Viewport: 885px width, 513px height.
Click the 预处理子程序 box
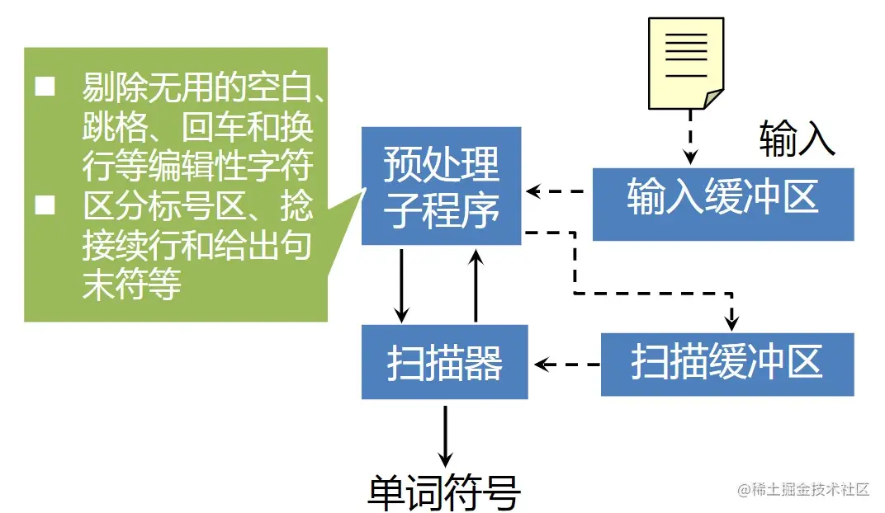coord(441,186)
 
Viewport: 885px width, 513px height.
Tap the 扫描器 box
coord(444,363)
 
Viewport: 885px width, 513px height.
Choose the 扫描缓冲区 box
coord(726,363)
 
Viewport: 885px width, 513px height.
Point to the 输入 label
coord(797,139)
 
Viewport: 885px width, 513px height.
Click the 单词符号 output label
coord(443,492)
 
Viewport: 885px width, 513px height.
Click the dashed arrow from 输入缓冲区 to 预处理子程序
coord(556,192)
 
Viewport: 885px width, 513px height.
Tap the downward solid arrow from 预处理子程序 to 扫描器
coord(402,285)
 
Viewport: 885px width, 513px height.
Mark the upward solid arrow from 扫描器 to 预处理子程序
coord(476,285)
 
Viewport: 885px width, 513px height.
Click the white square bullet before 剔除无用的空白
coord(45,86)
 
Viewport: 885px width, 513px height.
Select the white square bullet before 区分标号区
coord(45,205)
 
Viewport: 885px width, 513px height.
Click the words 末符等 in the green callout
coord(131,285)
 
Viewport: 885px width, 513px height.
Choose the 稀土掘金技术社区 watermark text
coord(804,489)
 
